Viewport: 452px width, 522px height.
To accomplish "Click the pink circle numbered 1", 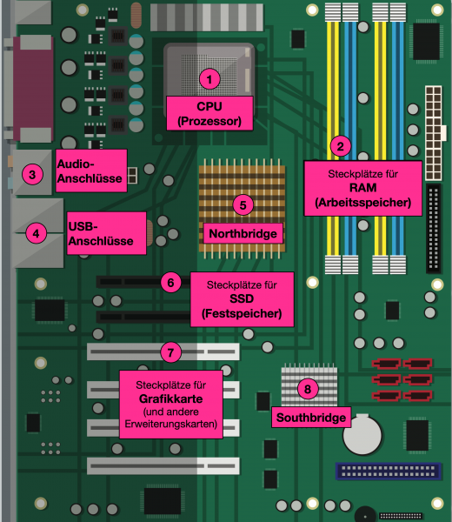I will pyautogui.click(x=209, y=79).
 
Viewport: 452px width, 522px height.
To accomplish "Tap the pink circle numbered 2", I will pyautogui.click(x=341, y=146).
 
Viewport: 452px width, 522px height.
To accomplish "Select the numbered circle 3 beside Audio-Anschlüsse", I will pyautogui.click(x=31, y=174).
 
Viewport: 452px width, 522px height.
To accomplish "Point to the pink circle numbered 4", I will pyautogui.click(x=35, y=232).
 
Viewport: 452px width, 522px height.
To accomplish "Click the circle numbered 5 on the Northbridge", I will pyautogui.click(x=243, y=204).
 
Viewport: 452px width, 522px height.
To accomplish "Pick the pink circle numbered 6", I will pyautogui.click(x=171, y=282).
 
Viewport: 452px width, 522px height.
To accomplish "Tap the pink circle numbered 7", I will pyautogui.click(x=171, y=352).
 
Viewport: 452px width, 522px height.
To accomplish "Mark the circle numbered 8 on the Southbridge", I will pyautogui.click(x=305, y=388).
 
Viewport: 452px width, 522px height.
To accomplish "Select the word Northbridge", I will pyautogui.click(x=243, y=234).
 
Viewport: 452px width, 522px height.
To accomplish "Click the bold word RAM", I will pyautogui.click(x=362, y=189).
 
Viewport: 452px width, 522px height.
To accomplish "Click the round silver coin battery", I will pyautogui.click(x=357, y=436).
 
